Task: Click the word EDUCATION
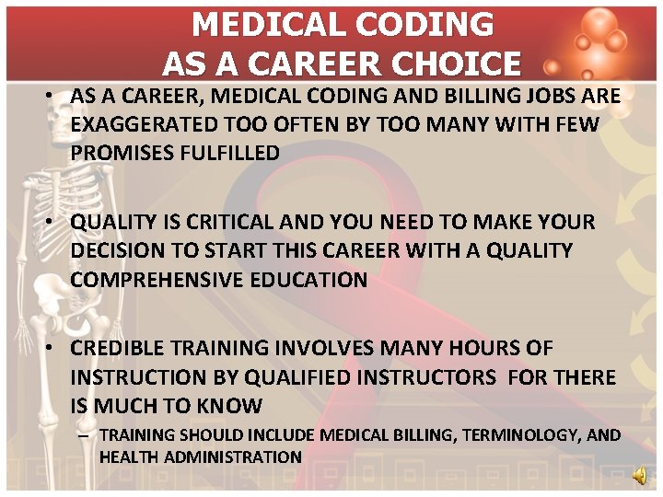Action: [x=307, y=280]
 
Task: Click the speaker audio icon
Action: [x=639, y=474]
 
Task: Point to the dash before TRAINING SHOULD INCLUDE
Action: [x=84, y=435]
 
